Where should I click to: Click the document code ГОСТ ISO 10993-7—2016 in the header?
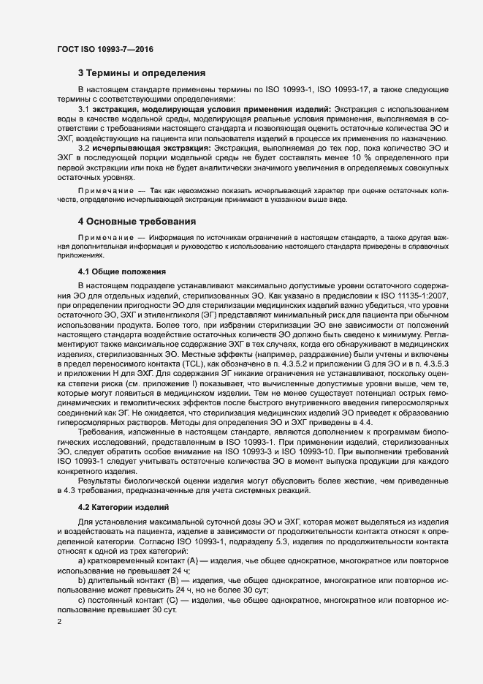[x=104, y=50]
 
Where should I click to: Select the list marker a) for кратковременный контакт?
[x=81, y=560]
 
